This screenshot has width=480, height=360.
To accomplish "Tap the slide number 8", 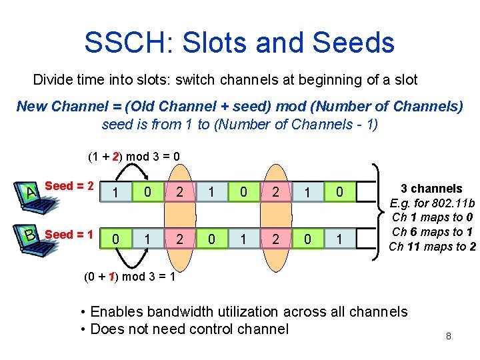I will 449,336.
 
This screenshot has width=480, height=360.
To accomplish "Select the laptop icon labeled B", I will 29,235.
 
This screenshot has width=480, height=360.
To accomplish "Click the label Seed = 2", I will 68,186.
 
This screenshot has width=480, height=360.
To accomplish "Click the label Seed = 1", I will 68,235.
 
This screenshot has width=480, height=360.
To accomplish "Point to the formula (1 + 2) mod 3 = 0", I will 133,157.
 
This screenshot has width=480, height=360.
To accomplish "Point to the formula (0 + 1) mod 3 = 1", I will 130,277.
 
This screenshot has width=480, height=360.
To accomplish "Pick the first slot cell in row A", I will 115,193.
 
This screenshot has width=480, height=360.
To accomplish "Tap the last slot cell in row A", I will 339,193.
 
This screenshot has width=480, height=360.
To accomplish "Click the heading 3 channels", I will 431,189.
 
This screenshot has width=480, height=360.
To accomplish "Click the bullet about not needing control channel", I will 184,329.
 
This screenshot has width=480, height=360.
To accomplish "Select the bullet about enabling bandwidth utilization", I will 243,311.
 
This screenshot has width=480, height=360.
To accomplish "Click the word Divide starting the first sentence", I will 54,80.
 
